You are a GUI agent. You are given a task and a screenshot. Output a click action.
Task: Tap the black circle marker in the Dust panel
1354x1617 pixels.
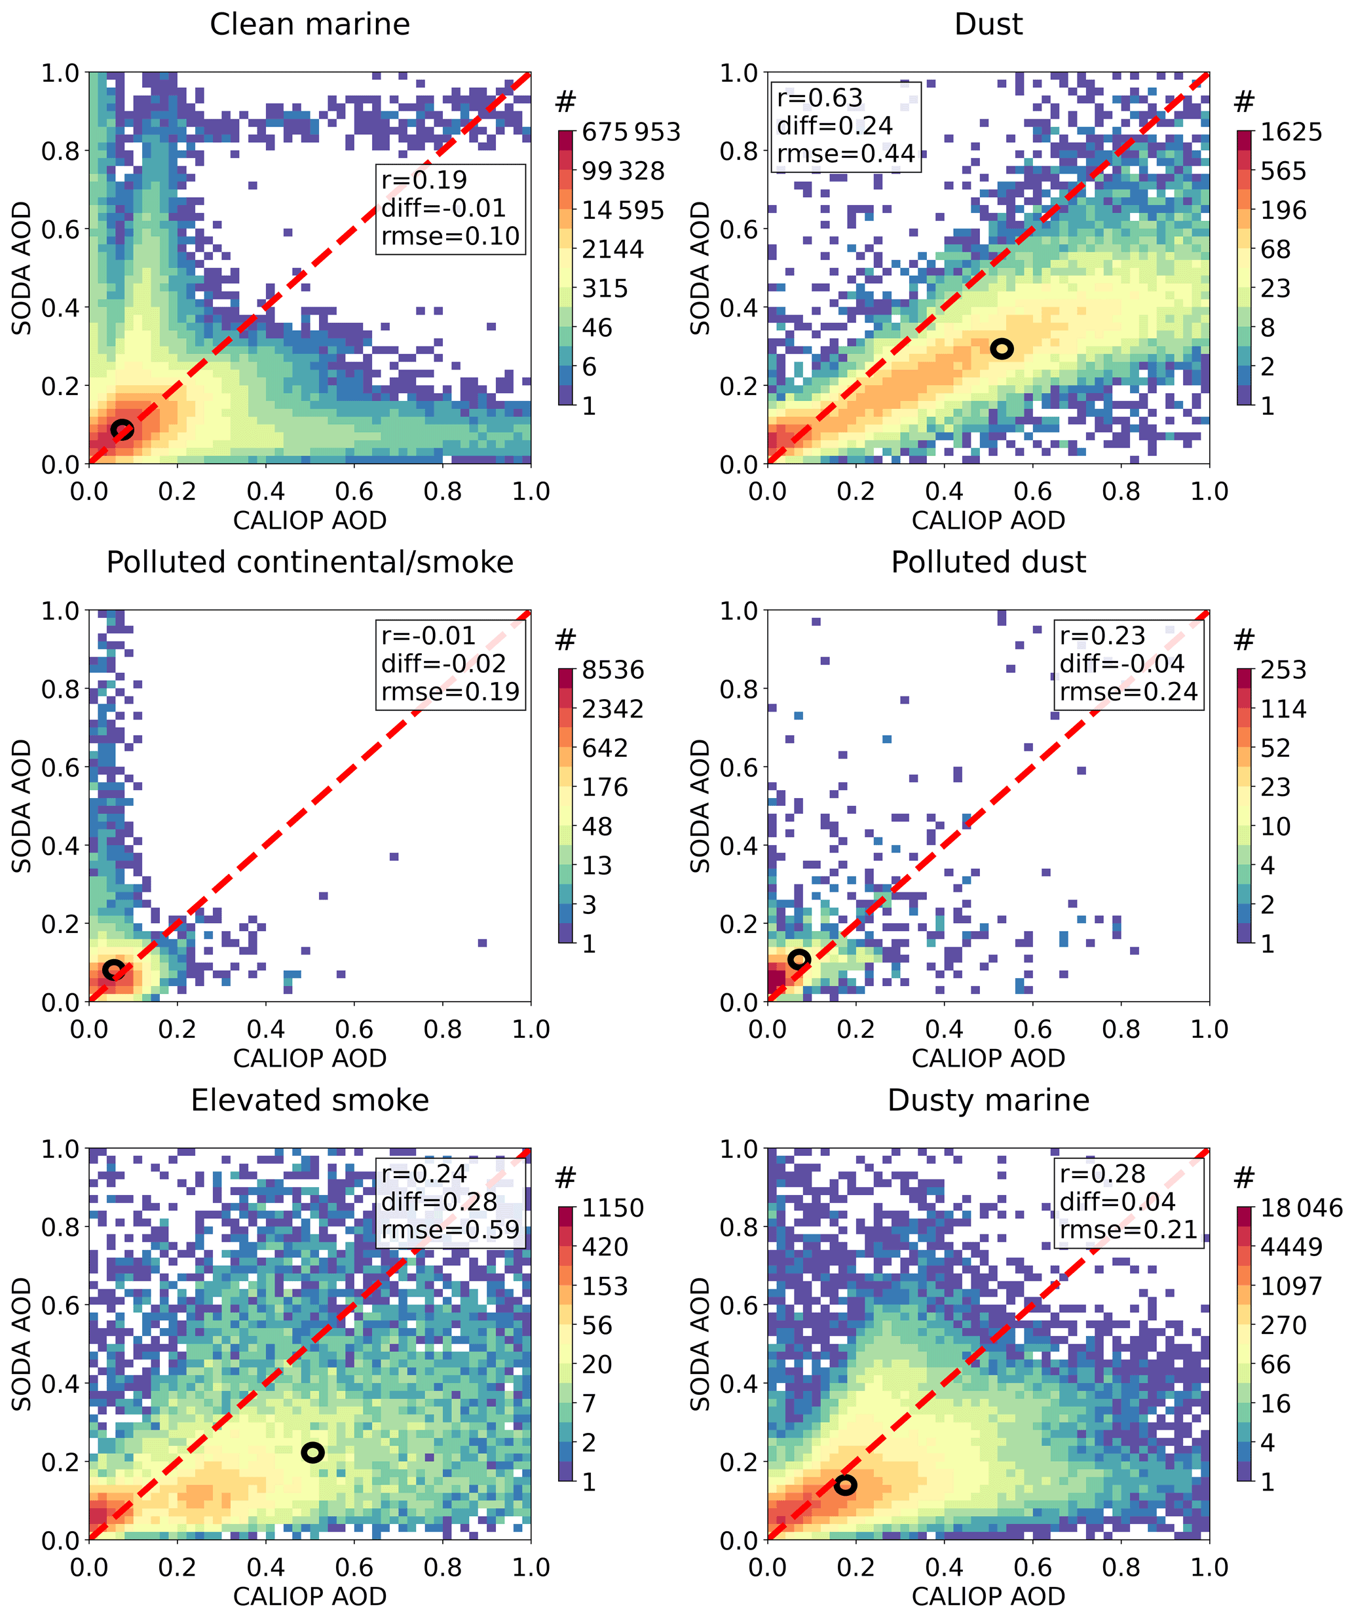coord(1001,349)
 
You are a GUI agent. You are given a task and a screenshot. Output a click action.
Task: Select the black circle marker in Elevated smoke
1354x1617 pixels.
coord(312,1452)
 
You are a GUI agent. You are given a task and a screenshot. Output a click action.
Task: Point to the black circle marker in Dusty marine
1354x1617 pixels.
coord(845,1485)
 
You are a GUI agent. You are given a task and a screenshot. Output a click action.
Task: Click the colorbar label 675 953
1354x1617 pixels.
coord(630,132)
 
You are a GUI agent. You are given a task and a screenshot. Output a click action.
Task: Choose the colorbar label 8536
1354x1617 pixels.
coord(612,670)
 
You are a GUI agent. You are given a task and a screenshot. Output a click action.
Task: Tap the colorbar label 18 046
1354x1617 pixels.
coord(1301,1208)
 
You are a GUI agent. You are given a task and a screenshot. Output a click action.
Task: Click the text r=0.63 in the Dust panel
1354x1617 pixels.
coord(819,98)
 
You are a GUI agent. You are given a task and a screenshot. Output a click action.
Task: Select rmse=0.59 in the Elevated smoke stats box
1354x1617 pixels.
coord(450,1230)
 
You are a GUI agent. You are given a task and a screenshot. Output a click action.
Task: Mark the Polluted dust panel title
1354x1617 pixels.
coord(988,563)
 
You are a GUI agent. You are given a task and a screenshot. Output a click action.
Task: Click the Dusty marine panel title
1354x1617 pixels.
coord(988,1100)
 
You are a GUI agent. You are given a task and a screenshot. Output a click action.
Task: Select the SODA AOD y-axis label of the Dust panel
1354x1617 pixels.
coord(700,268)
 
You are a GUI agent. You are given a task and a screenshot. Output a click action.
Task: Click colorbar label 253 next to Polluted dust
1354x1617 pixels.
coord(1283,670)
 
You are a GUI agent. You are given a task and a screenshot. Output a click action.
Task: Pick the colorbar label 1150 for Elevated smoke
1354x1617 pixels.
coord(612,1208)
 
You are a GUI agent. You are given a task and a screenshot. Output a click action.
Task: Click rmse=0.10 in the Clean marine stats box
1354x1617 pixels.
coord(450,237)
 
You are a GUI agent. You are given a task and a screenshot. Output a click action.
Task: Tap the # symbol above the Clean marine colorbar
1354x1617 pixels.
coord(566,101)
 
